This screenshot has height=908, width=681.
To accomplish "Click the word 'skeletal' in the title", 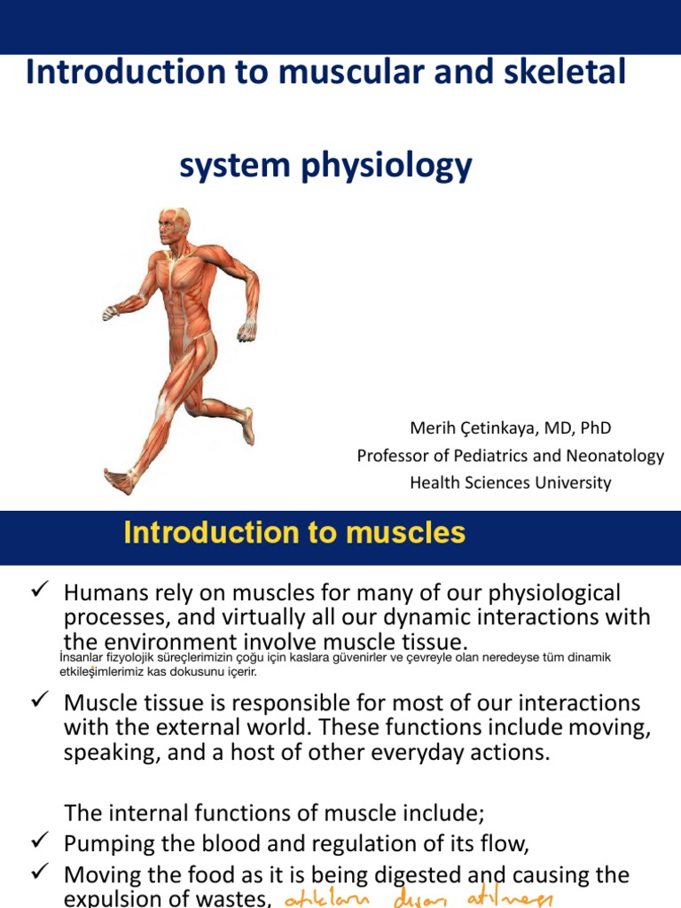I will [563, 72].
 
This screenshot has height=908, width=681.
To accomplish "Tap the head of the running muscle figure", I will [173, 227].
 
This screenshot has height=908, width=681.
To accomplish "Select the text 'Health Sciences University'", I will [510, 483].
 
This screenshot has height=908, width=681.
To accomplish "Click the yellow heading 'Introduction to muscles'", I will [294, 533].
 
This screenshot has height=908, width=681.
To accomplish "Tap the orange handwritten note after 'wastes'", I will [417, 899].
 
